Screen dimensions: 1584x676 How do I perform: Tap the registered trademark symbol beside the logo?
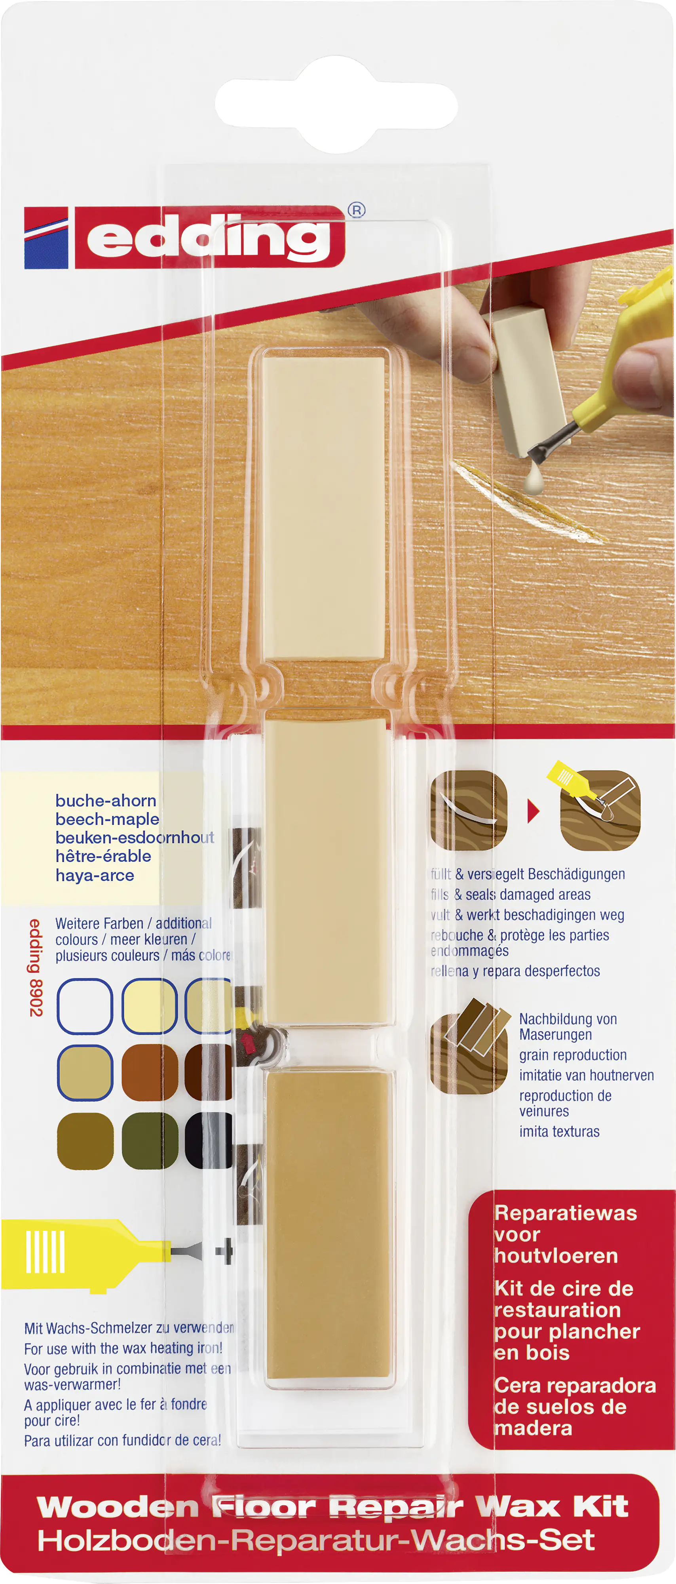click(357, 210)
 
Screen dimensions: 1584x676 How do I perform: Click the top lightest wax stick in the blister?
click(324, 507)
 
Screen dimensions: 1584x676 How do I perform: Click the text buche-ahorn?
click(106, 801)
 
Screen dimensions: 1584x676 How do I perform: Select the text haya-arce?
click(95, 875)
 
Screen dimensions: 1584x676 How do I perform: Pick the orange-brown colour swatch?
click(149, 1072)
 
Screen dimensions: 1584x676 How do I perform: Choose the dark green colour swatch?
click(149, 1140)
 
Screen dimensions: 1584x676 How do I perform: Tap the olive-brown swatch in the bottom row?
click(85, 1140)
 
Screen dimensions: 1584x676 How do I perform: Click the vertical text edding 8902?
click(36, 968)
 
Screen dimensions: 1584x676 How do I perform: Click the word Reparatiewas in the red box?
click(566, 1213)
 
